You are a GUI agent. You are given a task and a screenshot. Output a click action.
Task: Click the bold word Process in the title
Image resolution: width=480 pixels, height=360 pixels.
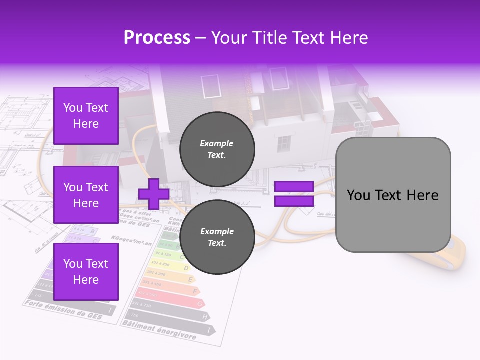(x=157, y=38)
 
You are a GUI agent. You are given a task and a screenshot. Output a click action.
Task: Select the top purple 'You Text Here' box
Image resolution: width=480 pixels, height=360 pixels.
(x=86, y=116)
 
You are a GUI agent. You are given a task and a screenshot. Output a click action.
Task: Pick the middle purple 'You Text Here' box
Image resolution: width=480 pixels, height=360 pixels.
(x=86, y=195)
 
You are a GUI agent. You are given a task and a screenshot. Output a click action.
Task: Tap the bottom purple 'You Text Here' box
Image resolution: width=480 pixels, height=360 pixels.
(x=86, y=271)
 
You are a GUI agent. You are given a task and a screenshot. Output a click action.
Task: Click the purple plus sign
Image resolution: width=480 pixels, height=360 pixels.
(x=153, y=194)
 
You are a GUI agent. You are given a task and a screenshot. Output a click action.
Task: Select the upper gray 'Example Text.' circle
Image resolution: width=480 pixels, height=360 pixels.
(x=217, y=149)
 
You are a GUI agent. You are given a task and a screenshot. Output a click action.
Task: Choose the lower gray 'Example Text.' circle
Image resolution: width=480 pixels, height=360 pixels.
(x=217, y=237)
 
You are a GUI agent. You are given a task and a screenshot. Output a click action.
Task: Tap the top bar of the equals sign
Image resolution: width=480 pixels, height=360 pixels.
(x=294, y=186)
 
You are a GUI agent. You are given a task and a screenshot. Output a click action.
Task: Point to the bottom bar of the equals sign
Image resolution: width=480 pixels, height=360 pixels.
(x=294, y=201)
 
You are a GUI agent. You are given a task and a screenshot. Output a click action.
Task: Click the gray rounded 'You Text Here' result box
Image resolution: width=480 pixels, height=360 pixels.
(x=393, y=195)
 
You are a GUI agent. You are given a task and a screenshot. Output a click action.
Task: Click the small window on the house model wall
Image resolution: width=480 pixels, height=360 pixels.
(x=284, y=144)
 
